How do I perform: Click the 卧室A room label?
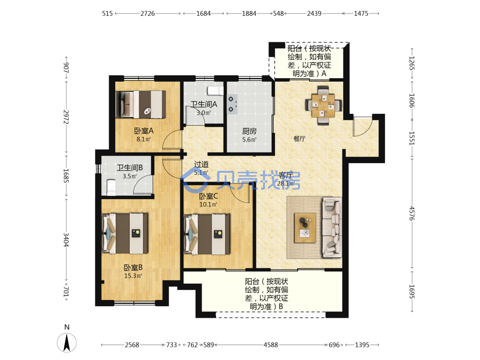pos(144,131)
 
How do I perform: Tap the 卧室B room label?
pos(133,267)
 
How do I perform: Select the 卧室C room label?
pos(208,196)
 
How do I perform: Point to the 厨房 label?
pos(249,132)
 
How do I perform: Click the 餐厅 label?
pos(300,139)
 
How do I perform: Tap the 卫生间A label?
pos(204,104)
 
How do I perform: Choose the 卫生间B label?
pos(130,168)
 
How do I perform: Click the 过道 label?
pos(201,164)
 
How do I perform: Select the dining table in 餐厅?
pos(323,106)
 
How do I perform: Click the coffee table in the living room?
pos(305,228)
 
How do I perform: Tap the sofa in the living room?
pos(332,227)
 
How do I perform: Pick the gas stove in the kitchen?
pos(232,104)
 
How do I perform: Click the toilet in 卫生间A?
pos(216,91)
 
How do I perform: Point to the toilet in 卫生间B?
pos(111,187)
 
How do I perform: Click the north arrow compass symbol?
pos(67,342)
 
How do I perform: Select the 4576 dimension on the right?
pos(412,213)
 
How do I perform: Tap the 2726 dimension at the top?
pos(147,13)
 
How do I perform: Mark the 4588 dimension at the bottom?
pos(271,345)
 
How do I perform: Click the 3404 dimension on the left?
pos(66,240)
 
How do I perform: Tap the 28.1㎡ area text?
pos(285,183)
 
